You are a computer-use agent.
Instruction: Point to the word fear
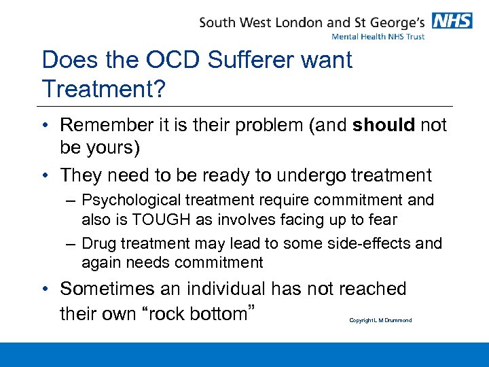pyautogui.click(x=382, y=219)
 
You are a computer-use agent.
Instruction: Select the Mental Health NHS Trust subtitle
pyautogui.click(x=378, y=37)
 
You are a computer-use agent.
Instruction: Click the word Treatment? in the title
pyautogui.click(x=103, y=88)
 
